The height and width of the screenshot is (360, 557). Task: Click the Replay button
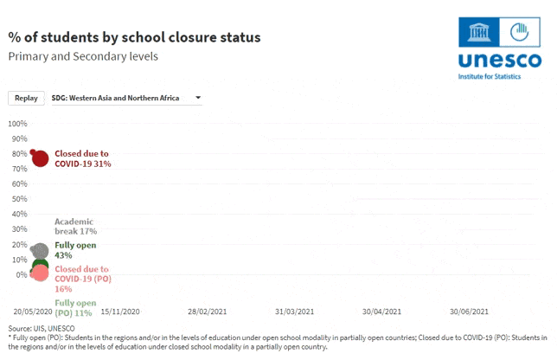coord(26,98)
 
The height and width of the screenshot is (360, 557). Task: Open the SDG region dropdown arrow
coord(198,98)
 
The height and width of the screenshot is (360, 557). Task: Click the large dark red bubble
coord(40,158)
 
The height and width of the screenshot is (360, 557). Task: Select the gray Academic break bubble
coord(40,251)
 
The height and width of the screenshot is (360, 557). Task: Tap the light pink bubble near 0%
coord(40,273)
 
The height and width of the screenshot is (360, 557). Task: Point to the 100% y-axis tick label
coord(18,124)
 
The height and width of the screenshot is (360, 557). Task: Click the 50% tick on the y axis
coord(20,199)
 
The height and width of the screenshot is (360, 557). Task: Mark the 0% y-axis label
coord(22,274)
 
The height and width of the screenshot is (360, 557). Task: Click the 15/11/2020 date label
coord(120,312)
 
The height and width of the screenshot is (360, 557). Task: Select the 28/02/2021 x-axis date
coord(208,312)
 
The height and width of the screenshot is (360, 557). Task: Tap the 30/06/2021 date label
coord(470,312)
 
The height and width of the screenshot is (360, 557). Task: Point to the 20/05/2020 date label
coord(33,312)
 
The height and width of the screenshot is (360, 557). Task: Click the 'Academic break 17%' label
coord(75,227)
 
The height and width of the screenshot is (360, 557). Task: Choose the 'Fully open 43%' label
coord(75,250)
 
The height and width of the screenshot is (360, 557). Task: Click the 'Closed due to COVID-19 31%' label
coord(83,158)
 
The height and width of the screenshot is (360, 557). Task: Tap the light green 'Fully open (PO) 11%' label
coord(75,308)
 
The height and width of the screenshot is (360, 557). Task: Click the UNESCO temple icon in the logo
coord(478,32)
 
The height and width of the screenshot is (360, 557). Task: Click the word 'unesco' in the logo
coord(500,60)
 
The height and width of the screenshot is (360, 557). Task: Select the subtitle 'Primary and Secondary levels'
coord(83,56)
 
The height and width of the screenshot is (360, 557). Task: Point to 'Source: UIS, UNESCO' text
coord(42,328)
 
